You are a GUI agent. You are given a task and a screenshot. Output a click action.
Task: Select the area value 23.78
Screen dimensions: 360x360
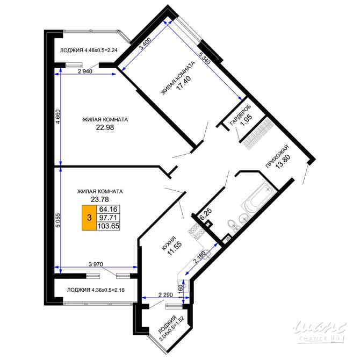[100, 199]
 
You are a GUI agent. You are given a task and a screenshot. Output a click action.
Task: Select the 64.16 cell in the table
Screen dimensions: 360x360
[108, 209]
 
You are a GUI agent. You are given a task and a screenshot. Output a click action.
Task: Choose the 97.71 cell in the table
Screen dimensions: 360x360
[108, 218]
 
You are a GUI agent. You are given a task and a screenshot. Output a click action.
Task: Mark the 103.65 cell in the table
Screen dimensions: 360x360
[108, 226]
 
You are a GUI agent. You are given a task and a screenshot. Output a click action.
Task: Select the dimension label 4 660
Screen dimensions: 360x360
[58, 118]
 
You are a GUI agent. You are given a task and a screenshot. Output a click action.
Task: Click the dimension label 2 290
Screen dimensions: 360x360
[167, 294]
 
